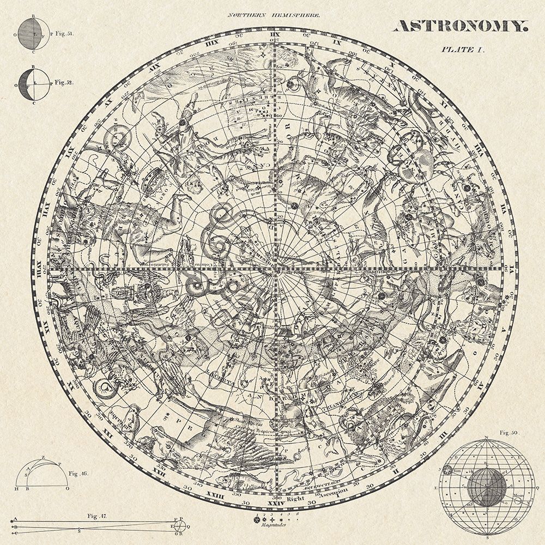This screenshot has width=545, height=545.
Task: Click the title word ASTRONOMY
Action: (x=460, y=26)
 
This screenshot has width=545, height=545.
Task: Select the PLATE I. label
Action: (x=463, y=49)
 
